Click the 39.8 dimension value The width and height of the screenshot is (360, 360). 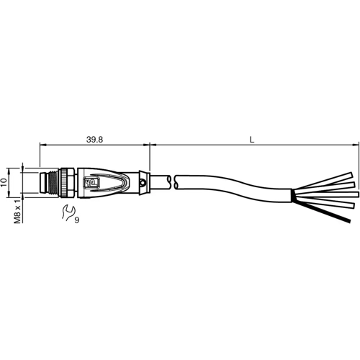point(94,137)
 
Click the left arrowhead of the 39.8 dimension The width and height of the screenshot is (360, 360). point(42,145)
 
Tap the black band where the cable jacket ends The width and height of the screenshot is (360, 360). point(292,194)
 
